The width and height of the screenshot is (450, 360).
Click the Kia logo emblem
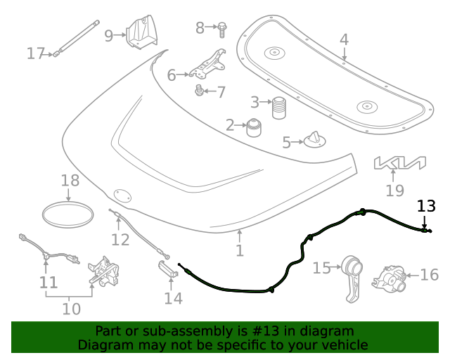point(399,163)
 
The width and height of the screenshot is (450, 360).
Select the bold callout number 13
point(426,206)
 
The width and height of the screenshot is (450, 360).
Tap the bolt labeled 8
point(222,30)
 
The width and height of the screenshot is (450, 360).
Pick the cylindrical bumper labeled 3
point(278,108)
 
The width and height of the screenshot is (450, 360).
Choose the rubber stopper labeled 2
point(254,127)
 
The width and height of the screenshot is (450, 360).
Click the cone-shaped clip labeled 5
point(315,140)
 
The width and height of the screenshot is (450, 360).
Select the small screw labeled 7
point(199,90)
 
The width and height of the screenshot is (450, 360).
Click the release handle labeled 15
point(352,278)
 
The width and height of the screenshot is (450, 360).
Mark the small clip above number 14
point(168,269)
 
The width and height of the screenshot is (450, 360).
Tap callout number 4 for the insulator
point(344,39)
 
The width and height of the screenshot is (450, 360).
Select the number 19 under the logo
point(394,191)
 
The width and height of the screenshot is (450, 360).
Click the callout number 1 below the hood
point(240,250)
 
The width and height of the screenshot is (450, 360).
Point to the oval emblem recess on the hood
point(122,195)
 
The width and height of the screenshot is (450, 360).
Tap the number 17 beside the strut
point(36,53)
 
